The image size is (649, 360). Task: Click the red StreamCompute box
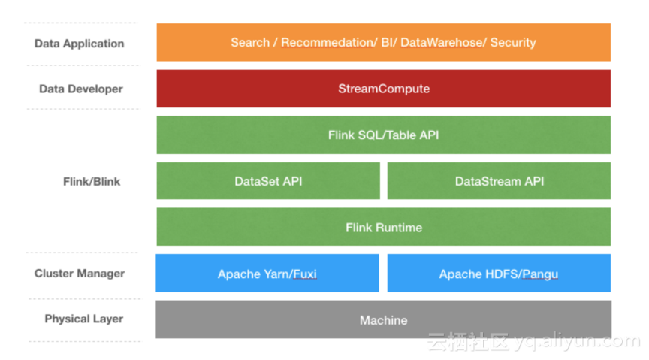click(x=383, y=89)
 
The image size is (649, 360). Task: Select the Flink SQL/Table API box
click(x=383, y=135)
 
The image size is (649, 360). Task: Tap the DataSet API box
click(x=268, y=181)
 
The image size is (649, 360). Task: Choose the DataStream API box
click(x=500, y=181)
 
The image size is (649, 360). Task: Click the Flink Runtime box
click(x=383, y=227)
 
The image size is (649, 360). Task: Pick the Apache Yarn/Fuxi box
click(x=267, y=274)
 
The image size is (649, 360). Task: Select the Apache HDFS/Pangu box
click(x=500, y=274)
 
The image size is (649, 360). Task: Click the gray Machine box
click(x=383, y=319)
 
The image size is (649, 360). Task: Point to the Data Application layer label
click(x=80, y=44)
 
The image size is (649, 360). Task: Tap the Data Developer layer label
click(x=81, y=89)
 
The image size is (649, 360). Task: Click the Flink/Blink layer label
click(x=92, y=181)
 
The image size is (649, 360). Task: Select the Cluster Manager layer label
click(x=80, y=274)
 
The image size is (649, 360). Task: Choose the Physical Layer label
click(x=84, y=319)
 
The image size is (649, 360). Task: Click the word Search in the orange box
click(x=250, y=42)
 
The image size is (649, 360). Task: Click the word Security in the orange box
click(x=513, y=43)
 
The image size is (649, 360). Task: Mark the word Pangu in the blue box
click(x=540, y=274)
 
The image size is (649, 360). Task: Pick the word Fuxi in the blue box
click(x=305, y=274)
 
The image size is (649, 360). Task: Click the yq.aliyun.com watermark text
click(x=578, y=340)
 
